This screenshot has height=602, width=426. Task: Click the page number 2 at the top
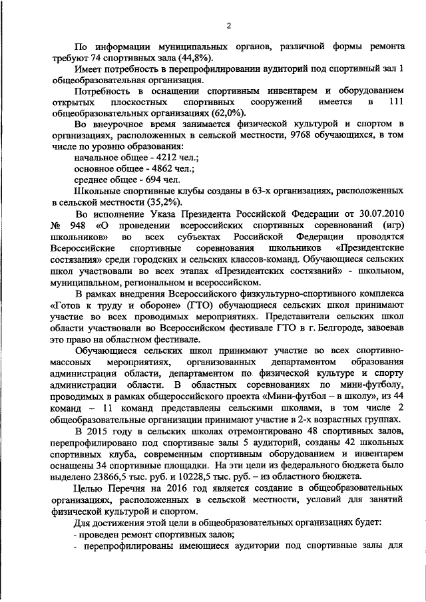tap(228, 26)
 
